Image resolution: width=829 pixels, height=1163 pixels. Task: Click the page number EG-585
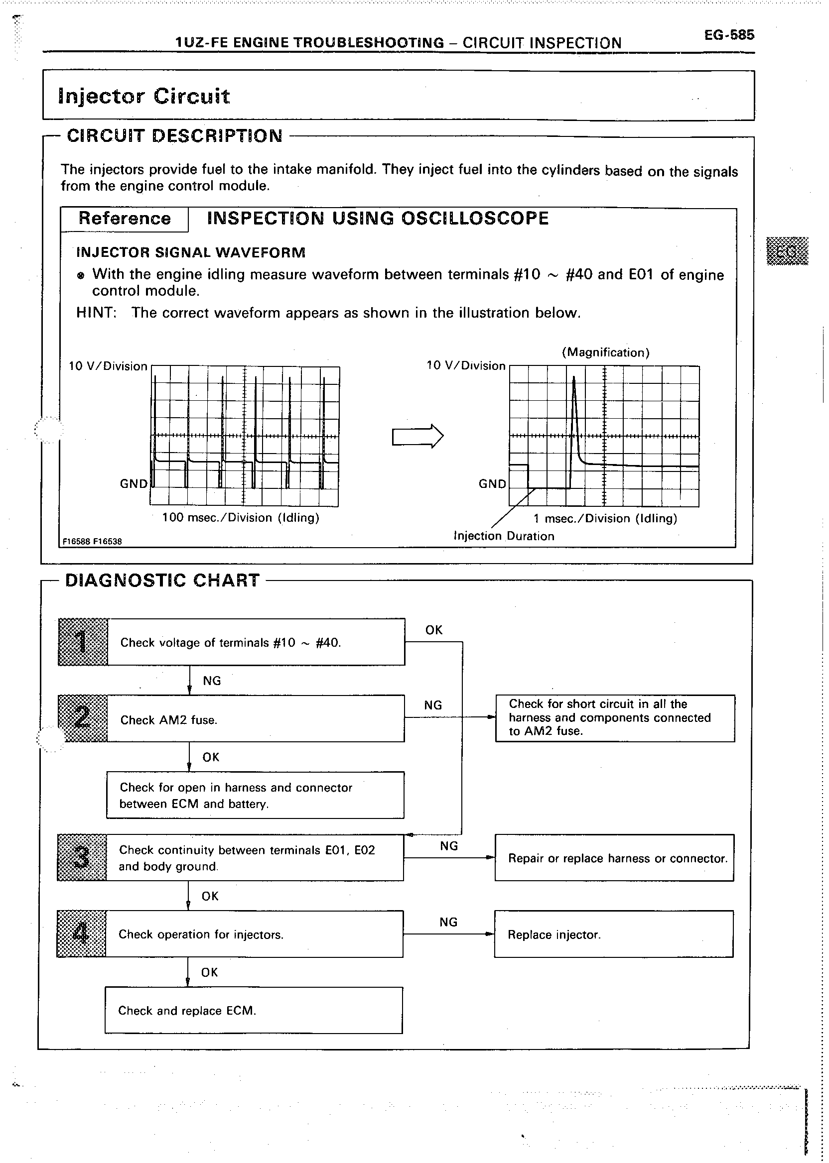(x=728, y=35)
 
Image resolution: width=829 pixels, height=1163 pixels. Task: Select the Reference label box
(x=125, y=219)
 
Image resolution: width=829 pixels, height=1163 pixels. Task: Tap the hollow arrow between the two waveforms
(x=417, y=436)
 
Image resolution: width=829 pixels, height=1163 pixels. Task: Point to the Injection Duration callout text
(x=504, y=536)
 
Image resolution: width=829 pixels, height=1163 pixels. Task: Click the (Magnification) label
(x=605, y=352)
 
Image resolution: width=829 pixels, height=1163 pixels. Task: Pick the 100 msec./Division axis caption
(x=241, y=518)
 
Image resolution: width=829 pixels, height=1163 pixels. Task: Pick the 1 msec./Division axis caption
(x=605, y=519)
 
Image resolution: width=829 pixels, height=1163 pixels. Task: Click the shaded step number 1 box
(x=83, y=642)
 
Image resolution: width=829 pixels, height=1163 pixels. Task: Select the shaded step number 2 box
(x=82, y=718)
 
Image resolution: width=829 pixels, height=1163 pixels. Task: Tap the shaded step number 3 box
(x=82, y=857)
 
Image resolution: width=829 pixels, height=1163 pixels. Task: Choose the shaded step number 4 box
(x=81, y=933)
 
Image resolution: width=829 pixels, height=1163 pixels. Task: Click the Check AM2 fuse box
(x=255, y=719)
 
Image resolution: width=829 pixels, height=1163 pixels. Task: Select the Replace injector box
(x=614, y=934)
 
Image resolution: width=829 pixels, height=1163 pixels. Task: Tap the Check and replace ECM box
(x=254, y=1011)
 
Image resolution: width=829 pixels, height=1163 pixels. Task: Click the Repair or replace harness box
(x=614, y=858)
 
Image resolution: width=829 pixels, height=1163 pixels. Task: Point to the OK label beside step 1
(x=434, y=630)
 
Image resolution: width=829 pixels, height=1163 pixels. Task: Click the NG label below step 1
(x=212, y=681)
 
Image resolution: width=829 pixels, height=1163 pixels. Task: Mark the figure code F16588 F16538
(x=92, y=541)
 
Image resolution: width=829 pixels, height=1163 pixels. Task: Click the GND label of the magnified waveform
(x=492, y=484)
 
